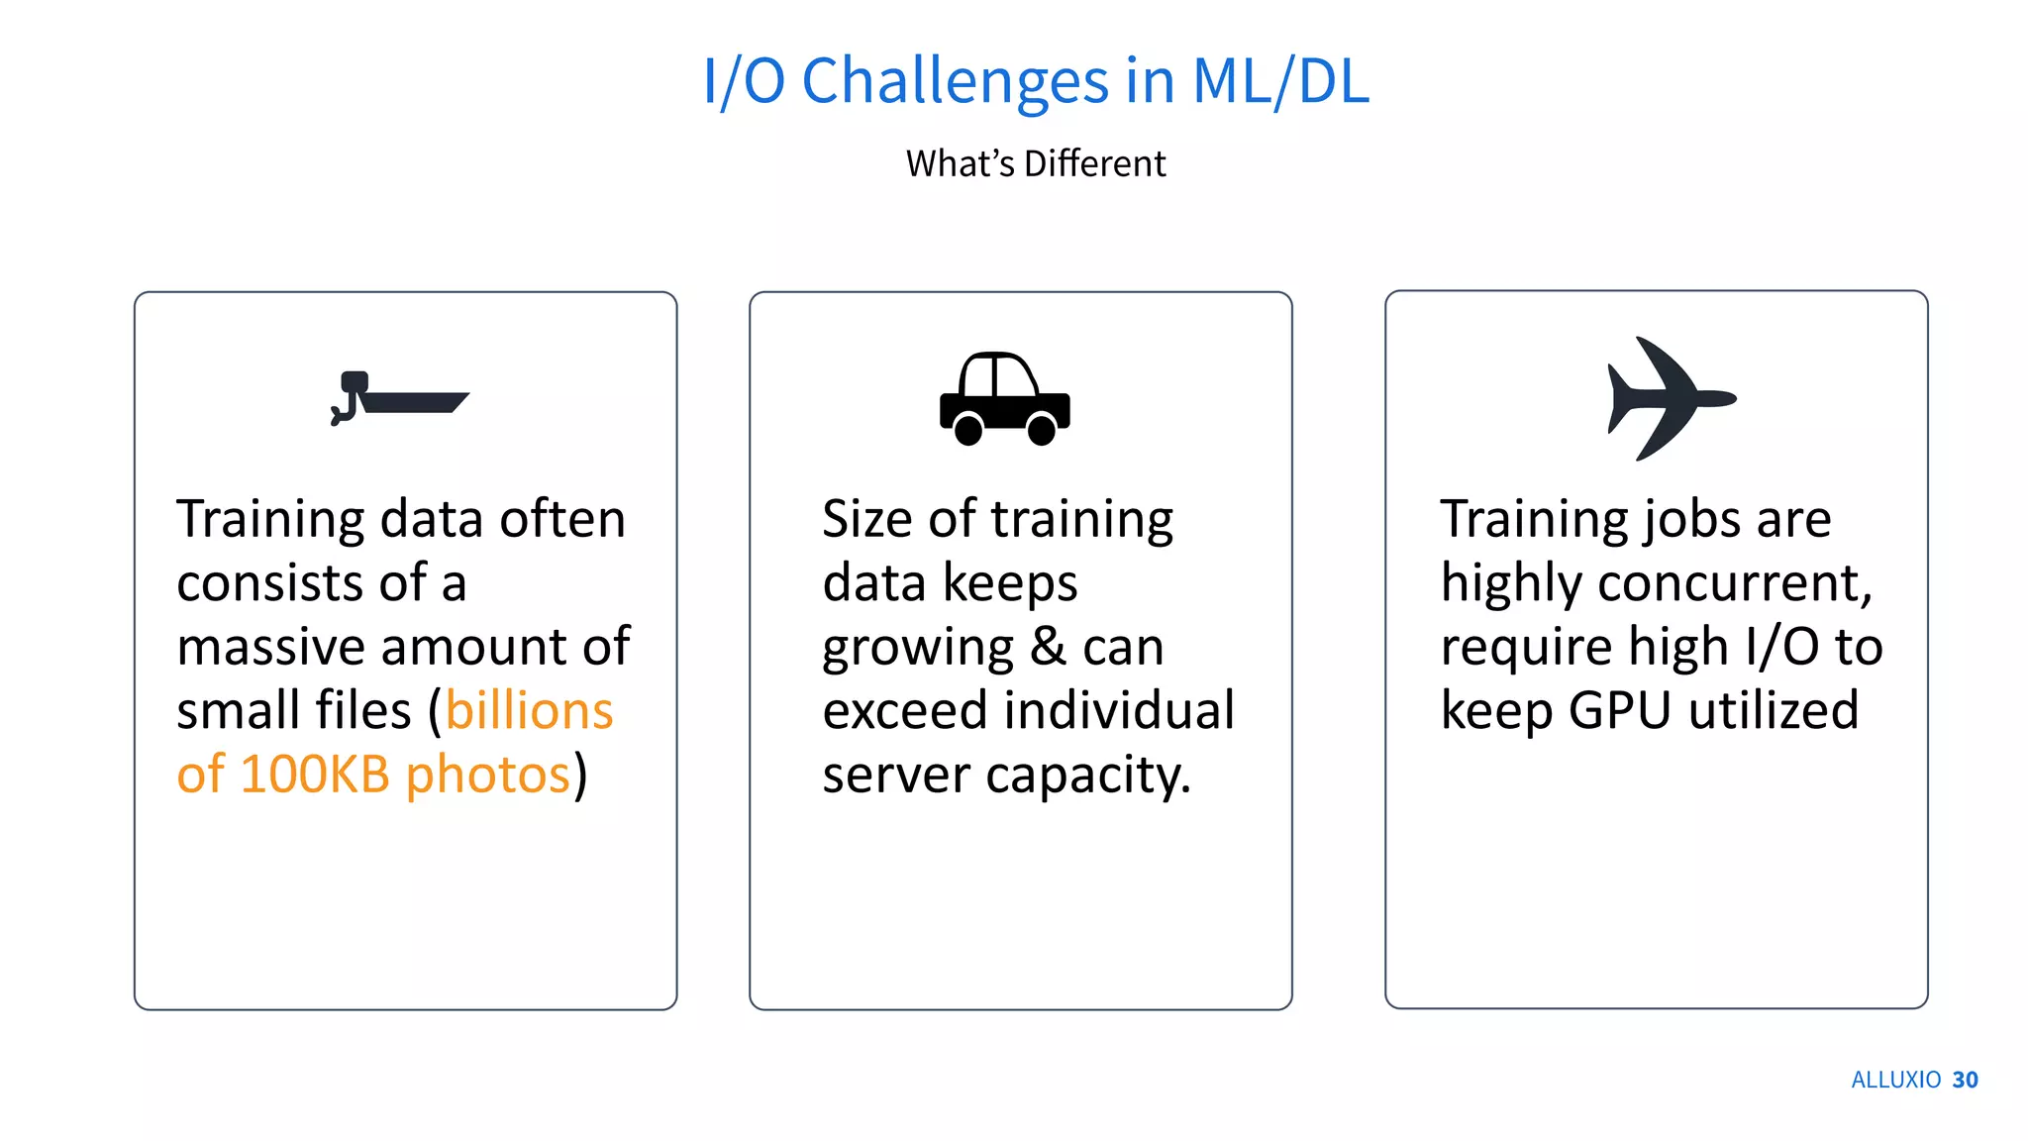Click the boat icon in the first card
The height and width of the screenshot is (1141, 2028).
click(400, 399)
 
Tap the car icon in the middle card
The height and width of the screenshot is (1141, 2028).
click(1004, 399)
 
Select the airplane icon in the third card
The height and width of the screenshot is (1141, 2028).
click(1671, 398)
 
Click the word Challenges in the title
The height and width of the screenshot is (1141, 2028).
click(955, 81)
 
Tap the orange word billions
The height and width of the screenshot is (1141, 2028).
click(529, 710)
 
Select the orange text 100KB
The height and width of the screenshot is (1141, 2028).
click(314, 774)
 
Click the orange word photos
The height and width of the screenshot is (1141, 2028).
click(488, 774)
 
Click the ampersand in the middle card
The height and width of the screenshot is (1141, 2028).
click(1048, 647)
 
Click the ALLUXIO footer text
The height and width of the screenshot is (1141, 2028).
click(1895, 1080)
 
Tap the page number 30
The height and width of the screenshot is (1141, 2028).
click(1965, 1080)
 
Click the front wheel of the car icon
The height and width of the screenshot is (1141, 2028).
click(1042, 430)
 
